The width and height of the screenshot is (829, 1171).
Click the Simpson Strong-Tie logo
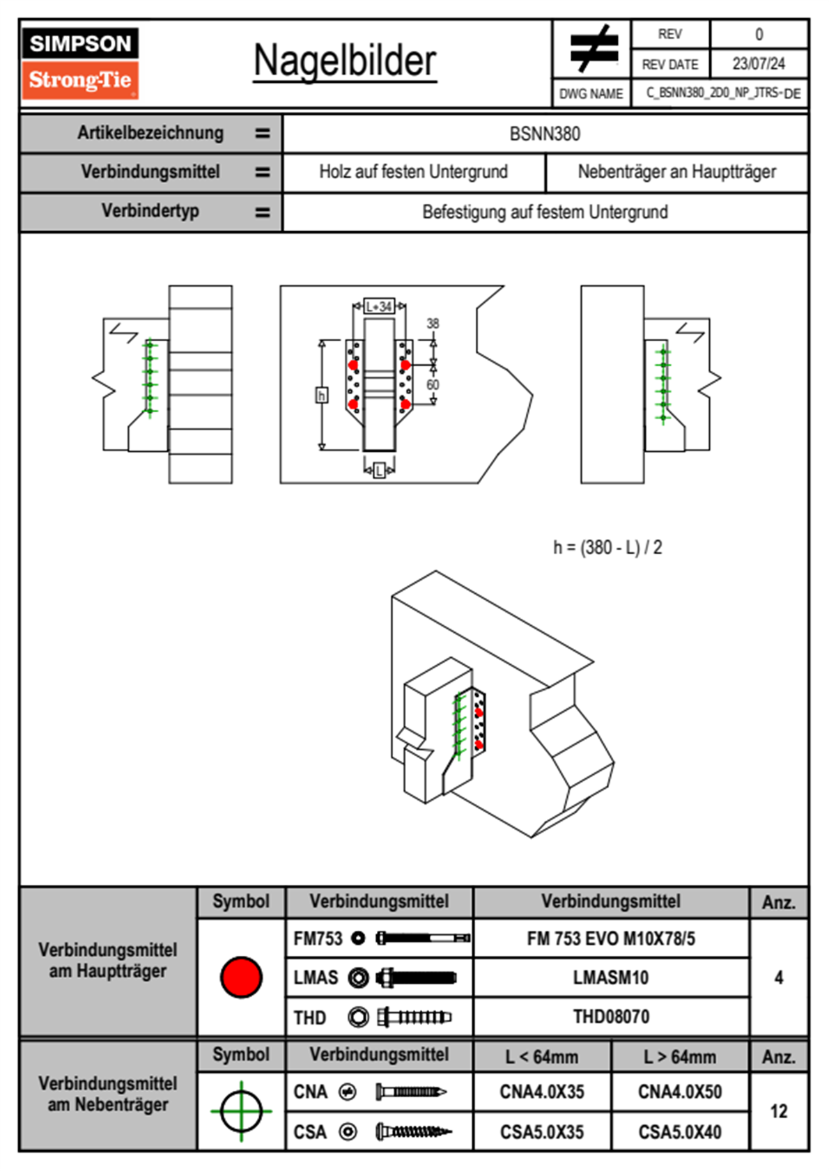click(80, 63)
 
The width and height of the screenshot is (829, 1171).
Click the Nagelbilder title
click(345, 61)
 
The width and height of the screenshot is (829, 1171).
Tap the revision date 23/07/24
click(758, 63)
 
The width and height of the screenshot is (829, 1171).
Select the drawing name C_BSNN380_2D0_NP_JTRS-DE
click(722, 93)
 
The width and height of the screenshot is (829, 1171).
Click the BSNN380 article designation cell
click(545, 134)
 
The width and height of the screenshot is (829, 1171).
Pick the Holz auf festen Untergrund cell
click(413, 172)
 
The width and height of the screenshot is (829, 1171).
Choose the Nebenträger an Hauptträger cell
click(676, 172)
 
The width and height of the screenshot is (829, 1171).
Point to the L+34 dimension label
click(379, 306)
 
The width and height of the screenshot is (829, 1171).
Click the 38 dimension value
click(433, 324)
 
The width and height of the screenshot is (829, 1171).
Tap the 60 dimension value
click(433, 385)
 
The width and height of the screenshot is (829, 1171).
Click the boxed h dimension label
click(322, 395)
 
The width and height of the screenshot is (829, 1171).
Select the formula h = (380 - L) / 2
click(607, 548)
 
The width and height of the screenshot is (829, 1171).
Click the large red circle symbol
click(241, 977)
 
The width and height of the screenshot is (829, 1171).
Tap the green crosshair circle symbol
click(241, 1111)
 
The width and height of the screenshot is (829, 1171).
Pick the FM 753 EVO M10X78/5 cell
click(611, 938)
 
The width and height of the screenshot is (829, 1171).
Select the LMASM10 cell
click(611, 977)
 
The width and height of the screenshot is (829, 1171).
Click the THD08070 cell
click(611, 1016)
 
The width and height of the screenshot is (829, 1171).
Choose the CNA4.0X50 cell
click(680, 1092)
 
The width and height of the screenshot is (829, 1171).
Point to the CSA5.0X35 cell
click(542, 1132)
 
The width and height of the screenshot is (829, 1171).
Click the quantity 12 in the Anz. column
click(778, 1111)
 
